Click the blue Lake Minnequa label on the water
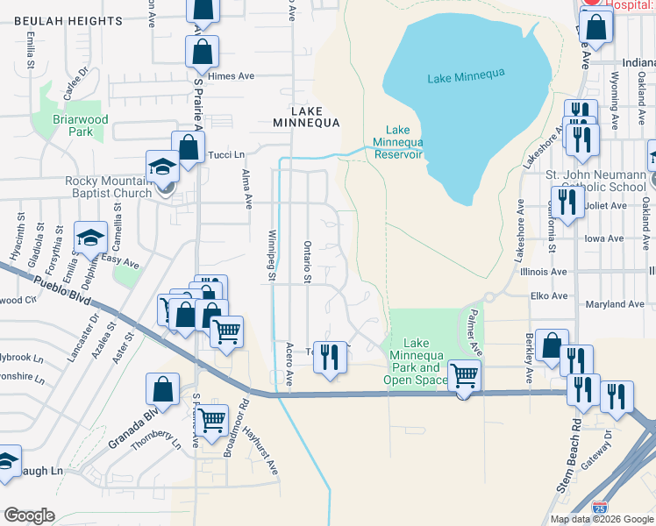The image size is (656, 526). (x=464, y=78)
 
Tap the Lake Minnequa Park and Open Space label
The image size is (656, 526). (x=416, y=361)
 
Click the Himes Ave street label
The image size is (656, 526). (x=231, y=76)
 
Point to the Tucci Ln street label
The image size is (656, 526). (x=226, y=155)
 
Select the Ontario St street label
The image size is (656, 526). (x=308, y=262)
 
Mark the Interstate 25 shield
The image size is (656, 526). (x=599, y=507)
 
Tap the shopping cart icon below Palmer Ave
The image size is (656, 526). (x=464, y=377)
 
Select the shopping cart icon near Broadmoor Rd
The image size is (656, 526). (x=212, y=421)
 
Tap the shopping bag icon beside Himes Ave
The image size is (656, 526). (x=202, y=52)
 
